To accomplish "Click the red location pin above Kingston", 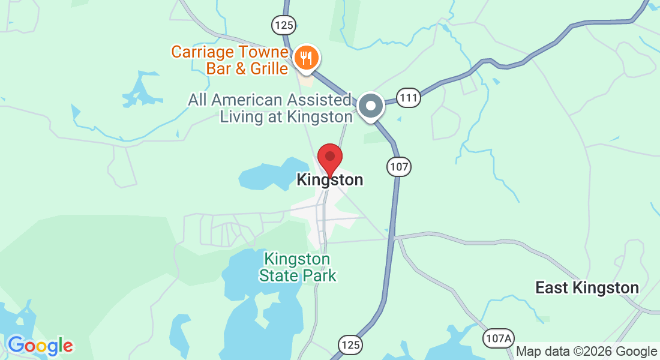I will [x=329, y=158].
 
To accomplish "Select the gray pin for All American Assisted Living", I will [x=371, y=107].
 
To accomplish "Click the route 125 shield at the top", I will [x=283, y=25].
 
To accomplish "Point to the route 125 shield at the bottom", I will [x=350, y=344].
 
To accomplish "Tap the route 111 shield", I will [x=409, y=98].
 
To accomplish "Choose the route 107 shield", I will [x=398, y=167].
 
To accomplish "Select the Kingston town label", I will [x=329, y=180].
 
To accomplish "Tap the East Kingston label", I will [x=587, y=288].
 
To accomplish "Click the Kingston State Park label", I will [x=298, y=268].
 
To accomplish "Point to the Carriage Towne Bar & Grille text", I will [x=230, y=60].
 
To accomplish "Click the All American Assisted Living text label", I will [x=270, y=108].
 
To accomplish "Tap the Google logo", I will [x=40, y=346].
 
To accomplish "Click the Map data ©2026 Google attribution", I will [x=587, y=352].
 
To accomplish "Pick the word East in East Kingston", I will [x=551, y=288].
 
